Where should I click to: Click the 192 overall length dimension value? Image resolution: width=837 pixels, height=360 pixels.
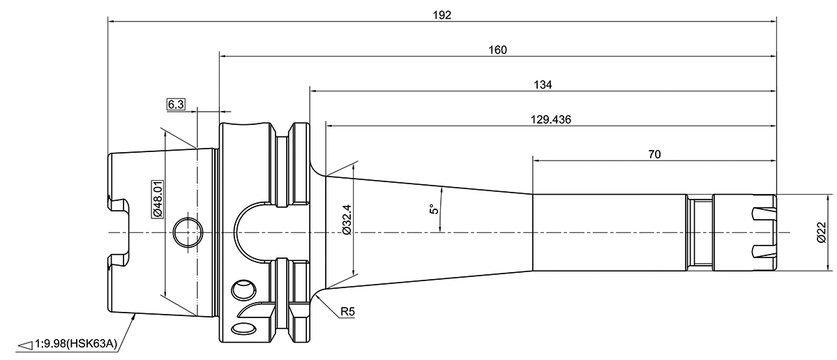click(442, 14)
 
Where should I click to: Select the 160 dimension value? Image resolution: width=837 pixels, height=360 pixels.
click(497, 50)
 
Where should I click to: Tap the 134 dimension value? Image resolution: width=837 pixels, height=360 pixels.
click(543, 84)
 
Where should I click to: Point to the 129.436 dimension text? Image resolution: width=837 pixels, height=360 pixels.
click(550, 119)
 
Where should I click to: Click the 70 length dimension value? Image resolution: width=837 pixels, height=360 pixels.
click(654, 153)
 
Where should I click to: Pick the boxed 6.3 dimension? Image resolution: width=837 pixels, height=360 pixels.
click(175, 105)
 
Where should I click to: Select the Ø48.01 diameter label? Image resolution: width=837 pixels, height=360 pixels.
click(158, 198)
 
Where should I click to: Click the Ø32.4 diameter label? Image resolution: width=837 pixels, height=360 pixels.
click(347, 223)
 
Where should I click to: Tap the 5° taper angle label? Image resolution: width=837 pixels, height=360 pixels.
click(433, 209)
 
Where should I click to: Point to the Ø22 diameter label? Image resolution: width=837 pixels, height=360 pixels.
click(821, 232)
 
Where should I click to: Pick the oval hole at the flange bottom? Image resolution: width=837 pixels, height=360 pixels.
click(244, 329)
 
